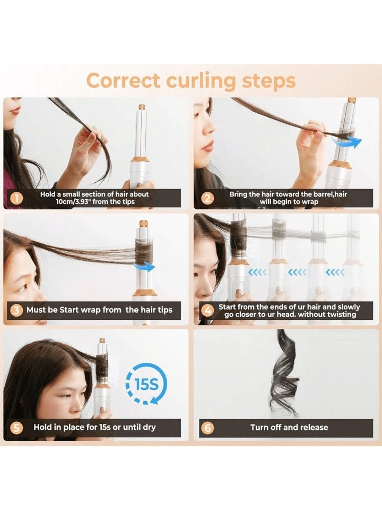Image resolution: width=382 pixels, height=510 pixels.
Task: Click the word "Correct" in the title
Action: [124, 80]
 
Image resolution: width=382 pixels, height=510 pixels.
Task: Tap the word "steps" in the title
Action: [268, 81]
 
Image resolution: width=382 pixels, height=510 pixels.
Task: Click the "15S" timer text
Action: [146, 384]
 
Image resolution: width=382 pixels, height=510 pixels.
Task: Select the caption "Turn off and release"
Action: [289, 427]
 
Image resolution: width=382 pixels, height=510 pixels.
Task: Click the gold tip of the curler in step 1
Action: [142, 107]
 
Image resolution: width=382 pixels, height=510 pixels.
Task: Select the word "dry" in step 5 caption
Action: [149, 428]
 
